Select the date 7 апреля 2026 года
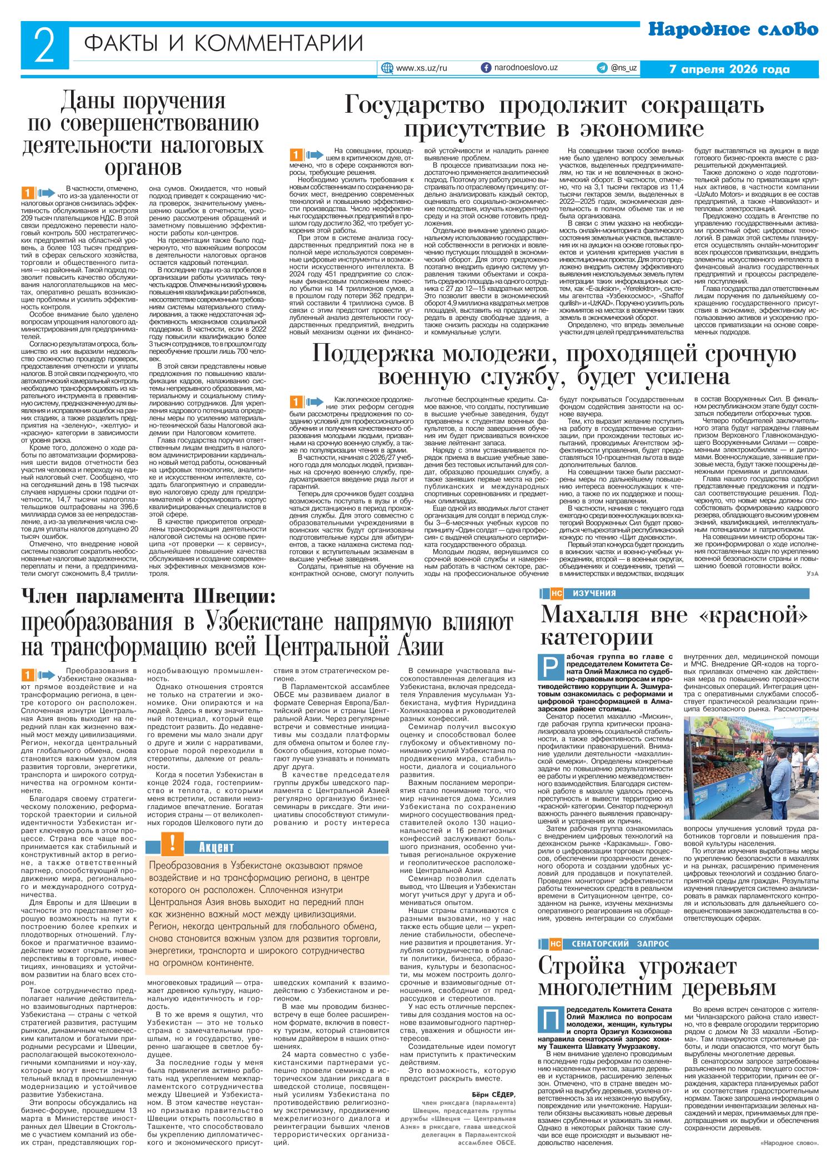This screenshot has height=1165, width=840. tap(729, 70)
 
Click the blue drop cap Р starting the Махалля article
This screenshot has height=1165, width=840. tap(547, 664)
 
